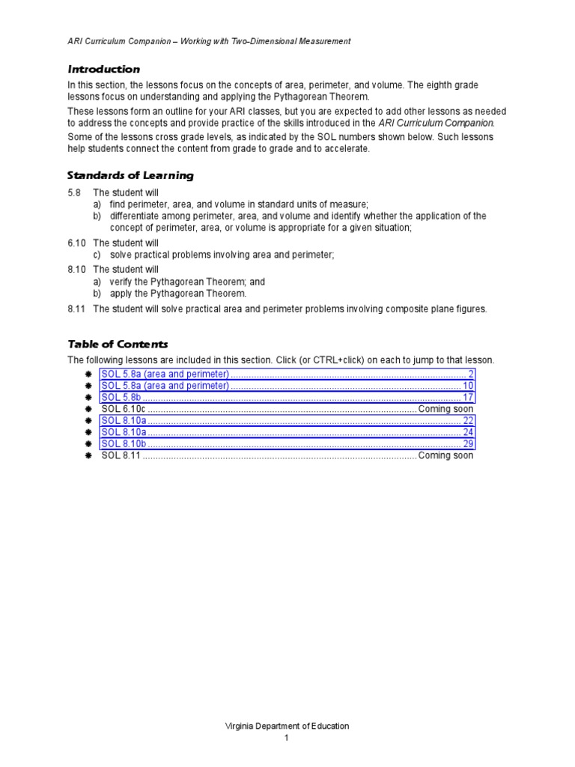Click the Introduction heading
coord(103,69)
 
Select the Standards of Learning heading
coord(130,175)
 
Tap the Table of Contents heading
coord(118,344)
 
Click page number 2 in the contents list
coord(470,374)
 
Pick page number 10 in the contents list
coord(468,386)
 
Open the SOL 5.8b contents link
coord(121,398)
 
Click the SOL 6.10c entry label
coord(123,409)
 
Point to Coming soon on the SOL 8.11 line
coord(445,455)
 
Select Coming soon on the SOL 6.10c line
coord(445,409)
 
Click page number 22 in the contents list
coord(468,421)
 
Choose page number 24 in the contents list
coord(468,432)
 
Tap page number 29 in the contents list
coord(468,443)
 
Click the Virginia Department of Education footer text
coord(287,726)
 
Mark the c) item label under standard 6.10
coord(97,255)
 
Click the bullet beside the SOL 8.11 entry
coord(88,455)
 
